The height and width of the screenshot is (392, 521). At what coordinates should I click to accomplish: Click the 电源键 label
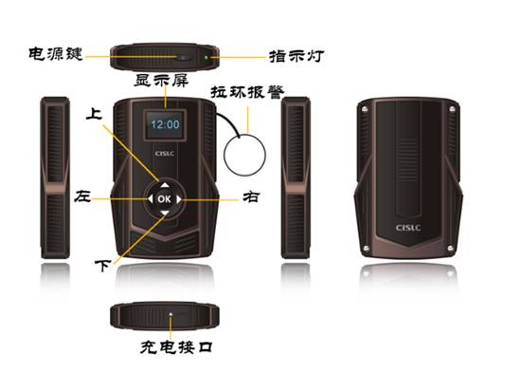pos(56,54)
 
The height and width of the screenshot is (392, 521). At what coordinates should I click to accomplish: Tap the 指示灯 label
pos(296,56)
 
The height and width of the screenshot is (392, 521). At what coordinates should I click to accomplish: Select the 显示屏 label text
pos(161,81)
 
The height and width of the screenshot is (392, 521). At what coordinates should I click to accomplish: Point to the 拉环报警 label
pos(247,92)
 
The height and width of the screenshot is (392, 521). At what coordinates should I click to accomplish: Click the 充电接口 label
pos(176,347)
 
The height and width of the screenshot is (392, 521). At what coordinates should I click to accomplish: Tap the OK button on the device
pos(164,199)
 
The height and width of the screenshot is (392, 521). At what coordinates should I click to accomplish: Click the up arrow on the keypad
pos(165,185)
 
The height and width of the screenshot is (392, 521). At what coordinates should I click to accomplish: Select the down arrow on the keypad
pos(165,214)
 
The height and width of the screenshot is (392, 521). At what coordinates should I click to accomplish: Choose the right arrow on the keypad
pos(179,199)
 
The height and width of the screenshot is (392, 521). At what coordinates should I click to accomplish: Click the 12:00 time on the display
pos(165,124)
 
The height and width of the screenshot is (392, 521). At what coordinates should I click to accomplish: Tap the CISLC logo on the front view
pos(165,154)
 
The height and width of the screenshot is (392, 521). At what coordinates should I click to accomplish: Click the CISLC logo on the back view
pos(408,228)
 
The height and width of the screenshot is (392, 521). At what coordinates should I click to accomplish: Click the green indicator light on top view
pos(207,57)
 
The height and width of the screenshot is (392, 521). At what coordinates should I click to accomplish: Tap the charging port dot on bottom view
pos(171,314)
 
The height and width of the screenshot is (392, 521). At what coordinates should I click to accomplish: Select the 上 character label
pos(94,114)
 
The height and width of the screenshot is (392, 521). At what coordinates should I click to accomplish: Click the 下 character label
pos(102,265)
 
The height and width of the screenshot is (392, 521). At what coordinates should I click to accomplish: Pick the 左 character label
pos(82,196)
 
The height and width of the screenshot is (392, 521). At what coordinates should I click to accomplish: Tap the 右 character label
pos(251,196)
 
